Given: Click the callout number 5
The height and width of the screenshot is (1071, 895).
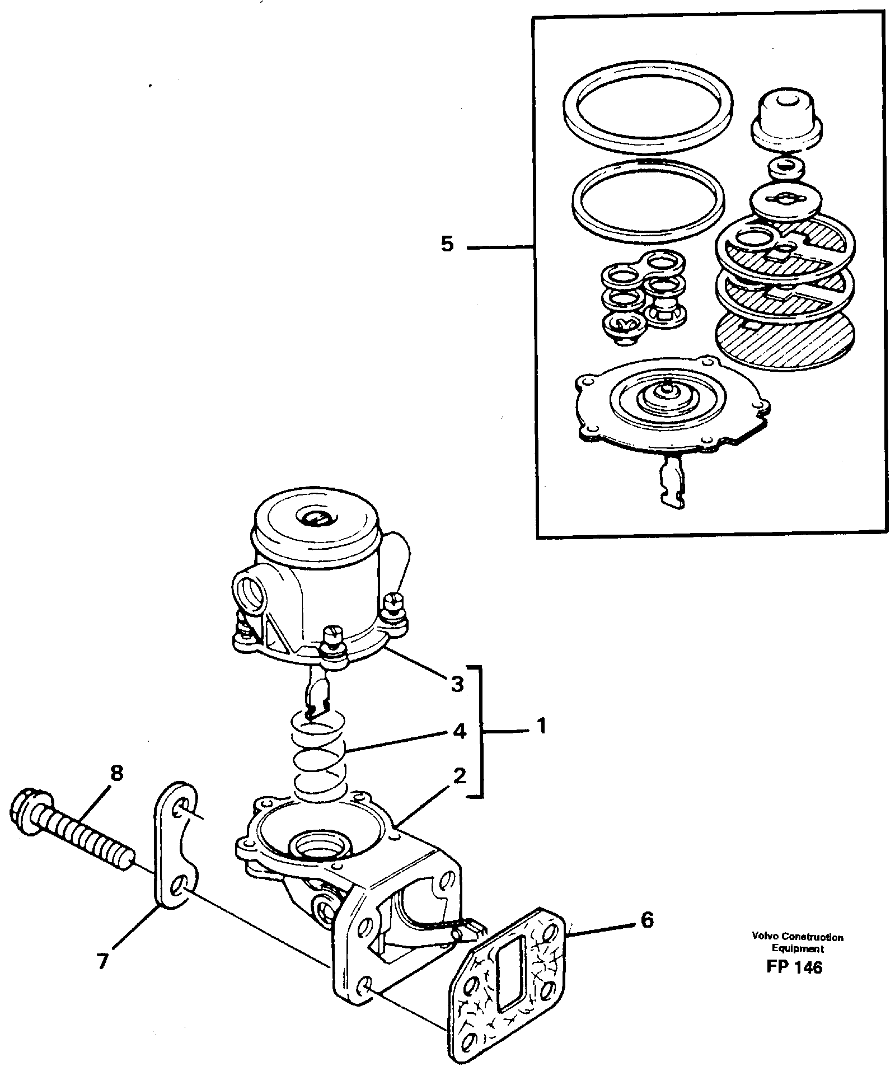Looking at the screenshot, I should (447, 245).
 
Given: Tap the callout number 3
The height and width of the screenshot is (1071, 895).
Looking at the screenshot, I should (457, 684).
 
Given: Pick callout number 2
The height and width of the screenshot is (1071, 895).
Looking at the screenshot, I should (459, 777).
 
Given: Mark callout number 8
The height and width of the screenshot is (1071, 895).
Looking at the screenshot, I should (116, 774).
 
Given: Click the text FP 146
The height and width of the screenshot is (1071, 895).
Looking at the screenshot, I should (795, 967).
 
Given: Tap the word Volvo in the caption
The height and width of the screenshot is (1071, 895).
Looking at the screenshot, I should (765, 937).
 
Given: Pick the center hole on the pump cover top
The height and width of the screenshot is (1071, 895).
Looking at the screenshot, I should (317, 518).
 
